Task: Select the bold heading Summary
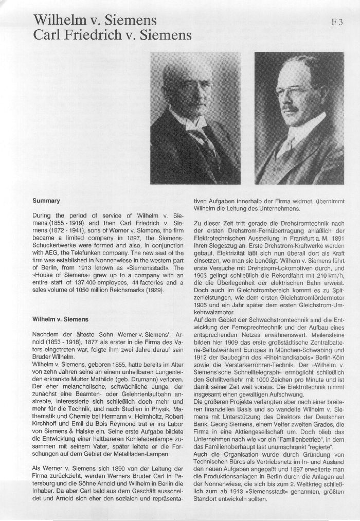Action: point(46,201)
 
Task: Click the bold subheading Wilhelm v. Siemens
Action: point(60,319)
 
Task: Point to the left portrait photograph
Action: point(195,118)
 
